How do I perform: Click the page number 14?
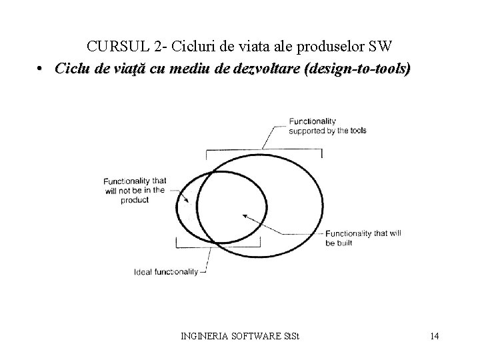434,335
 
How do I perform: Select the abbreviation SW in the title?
385,47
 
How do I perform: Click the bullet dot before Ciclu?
41,69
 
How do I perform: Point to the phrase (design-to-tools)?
357,69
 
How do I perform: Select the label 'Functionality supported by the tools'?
327,126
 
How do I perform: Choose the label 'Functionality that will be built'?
365,238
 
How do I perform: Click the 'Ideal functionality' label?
166,271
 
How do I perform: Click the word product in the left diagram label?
135,199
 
